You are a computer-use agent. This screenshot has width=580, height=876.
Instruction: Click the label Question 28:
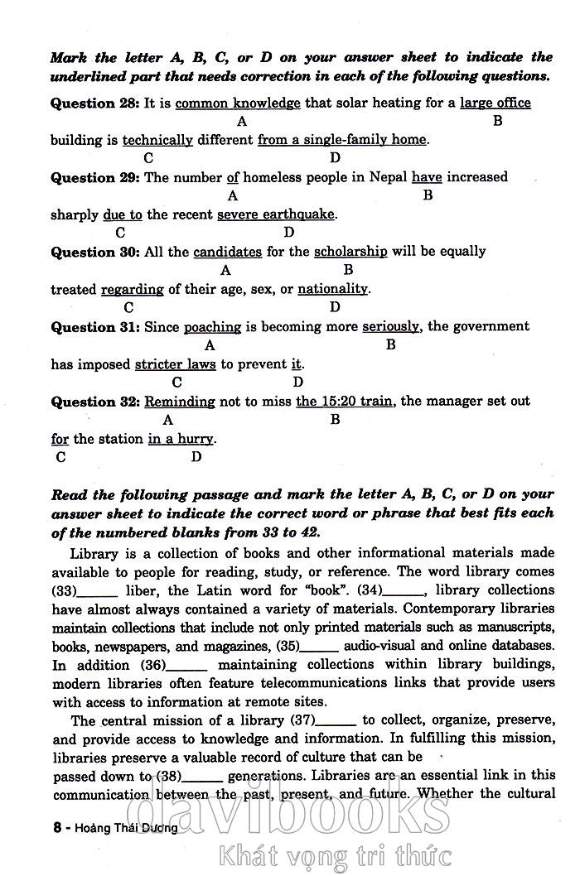pyautogui.click(x=95, y=103)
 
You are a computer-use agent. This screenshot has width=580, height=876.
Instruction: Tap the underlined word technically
pyautogui.click(x=157, y=140)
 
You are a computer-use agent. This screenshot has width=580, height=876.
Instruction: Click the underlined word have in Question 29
pyautogui.click(x=427, y=177)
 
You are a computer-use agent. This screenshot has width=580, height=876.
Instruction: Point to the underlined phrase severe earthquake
pyautogui.click(x=276, y=214)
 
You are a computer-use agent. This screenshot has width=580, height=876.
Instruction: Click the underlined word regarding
pyautogui.click(x=133, y=289)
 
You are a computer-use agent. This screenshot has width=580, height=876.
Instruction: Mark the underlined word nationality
pyautogui.click(x=332, y=289)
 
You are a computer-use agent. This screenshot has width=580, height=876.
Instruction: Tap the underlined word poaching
pyautogui.click(x=212, y=327)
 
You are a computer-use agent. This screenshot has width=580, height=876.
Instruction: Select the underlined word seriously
pyautogui.click(x=391, y=327)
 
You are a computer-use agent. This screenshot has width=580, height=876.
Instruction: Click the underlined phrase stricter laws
pyautogui.click(x=175, y=364)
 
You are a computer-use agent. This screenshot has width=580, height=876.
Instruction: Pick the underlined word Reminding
pyautogui.click(x=180, y=402)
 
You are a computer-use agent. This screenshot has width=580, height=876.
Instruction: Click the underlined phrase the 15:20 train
pyautogui.click(x=344, y=402)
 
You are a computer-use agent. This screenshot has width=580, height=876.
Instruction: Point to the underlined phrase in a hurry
pyautogui.click(x=181, y=439)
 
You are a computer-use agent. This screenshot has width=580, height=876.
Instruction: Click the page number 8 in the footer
pyautogui.click(x=57, y=827)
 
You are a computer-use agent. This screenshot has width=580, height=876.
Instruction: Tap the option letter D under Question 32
pyautogui.click(x=196, y=457)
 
